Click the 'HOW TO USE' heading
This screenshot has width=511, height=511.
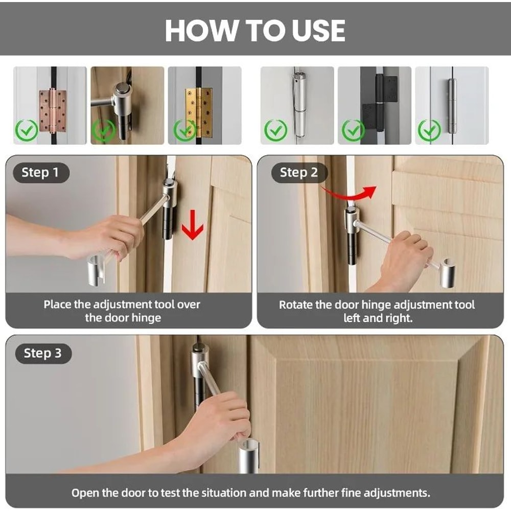point(255,30)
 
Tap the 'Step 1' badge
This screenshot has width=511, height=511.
point(41,173)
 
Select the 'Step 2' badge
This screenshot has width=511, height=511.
point(299,173)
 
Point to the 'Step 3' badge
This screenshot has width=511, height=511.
point(43,354)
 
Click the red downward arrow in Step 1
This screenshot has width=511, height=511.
point(193,225)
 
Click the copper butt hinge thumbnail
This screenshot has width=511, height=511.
point(53,111)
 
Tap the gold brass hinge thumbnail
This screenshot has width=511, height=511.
point(198,112)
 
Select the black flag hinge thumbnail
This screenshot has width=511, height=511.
point(380,102)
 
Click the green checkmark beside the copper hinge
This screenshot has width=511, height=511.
point(27,130)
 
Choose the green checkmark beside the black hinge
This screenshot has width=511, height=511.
point(353,130)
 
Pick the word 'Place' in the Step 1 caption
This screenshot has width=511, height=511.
point(58,305)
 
